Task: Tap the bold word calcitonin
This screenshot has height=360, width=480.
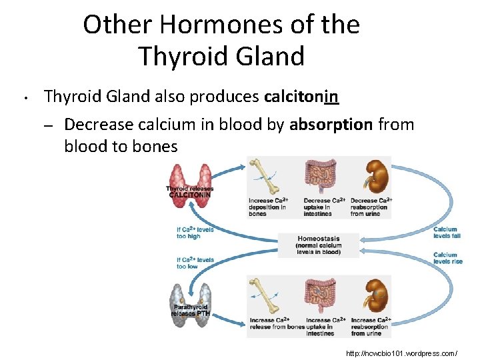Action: pos(301,97)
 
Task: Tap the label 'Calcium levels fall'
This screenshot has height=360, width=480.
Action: pos(445,233)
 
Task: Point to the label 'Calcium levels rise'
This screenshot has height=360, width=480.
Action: pos(447,258)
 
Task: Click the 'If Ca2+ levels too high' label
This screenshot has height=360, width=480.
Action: pos(195,233)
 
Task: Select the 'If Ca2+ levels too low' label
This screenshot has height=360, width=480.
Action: pos(195,263)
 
